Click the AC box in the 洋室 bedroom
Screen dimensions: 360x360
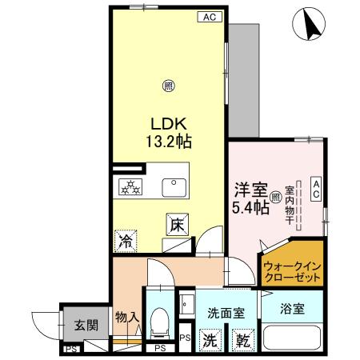click(316, 190)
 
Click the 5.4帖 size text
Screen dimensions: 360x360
click(248, 208)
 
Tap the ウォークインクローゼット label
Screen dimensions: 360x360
click(291, 272)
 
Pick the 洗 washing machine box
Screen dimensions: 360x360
click(208, 339)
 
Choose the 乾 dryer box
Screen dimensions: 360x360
click(240, 339)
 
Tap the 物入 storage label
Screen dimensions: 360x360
click(127, 318)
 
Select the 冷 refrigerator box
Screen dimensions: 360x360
click(126, 239)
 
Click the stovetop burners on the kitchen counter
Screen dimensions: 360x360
click(130, 188)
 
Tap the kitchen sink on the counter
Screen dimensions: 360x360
click(174, 188)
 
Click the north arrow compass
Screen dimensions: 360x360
click(311, 24)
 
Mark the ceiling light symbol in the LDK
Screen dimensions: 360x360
click(168, 86)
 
